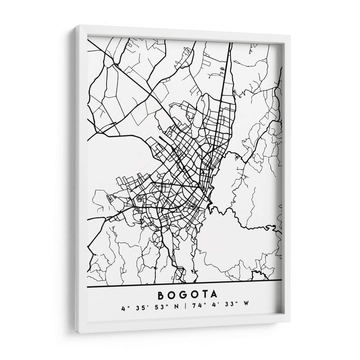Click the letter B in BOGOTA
click(161, 295)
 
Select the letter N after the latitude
click(169, 309)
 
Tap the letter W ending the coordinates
click(245, 309)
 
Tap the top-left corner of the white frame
click(76, 26)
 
